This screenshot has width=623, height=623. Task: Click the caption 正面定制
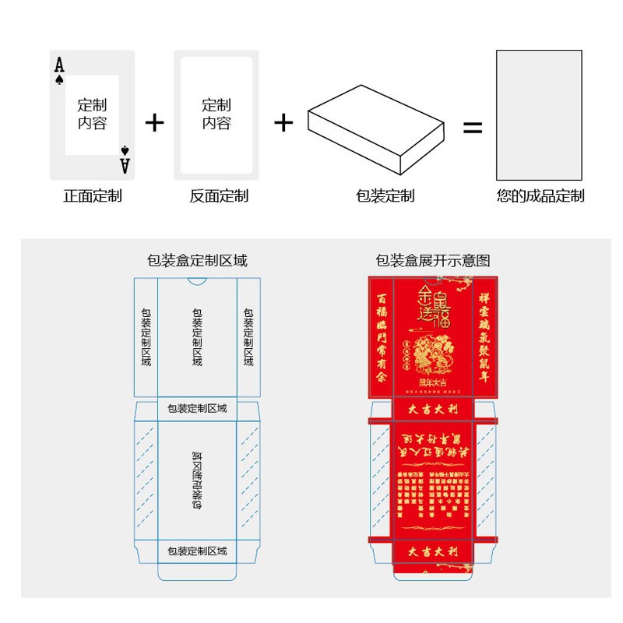coord(92,196)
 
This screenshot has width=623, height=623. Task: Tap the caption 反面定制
coord(219,196)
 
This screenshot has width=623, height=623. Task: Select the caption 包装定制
coord(385,196)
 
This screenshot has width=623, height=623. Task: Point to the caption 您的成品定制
coord(540,196)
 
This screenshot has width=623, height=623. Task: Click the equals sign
coord(473,128)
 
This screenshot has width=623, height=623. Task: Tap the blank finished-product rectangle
coord(539,115)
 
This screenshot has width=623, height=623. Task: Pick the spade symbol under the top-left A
coord(59,79)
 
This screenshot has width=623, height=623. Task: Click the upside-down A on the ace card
coord(125,164)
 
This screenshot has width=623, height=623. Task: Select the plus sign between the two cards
coord(155,122)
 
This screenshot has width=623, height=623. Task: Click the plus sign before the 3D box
coord(283,122)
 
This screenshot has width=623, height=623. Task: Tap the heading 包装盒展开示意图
coord(433,261)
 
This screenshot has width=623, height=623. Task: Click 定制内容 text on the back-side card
coord(216,114)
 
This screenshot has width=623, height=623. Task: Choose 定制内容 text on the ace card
coord(92,114)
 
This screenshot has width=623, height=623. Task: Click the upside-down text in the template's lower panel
coord(197,480)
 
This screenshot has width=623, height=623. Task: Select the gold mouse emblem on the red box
coord(433,355)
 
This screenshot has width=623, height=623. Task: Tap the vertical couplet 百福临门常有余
coord(381,336)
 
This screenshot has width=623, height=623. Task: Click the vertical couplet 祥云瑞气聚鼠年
coord(484,336)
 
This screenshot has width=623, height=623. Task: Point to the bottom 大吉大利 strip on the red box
coord(433,552)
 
